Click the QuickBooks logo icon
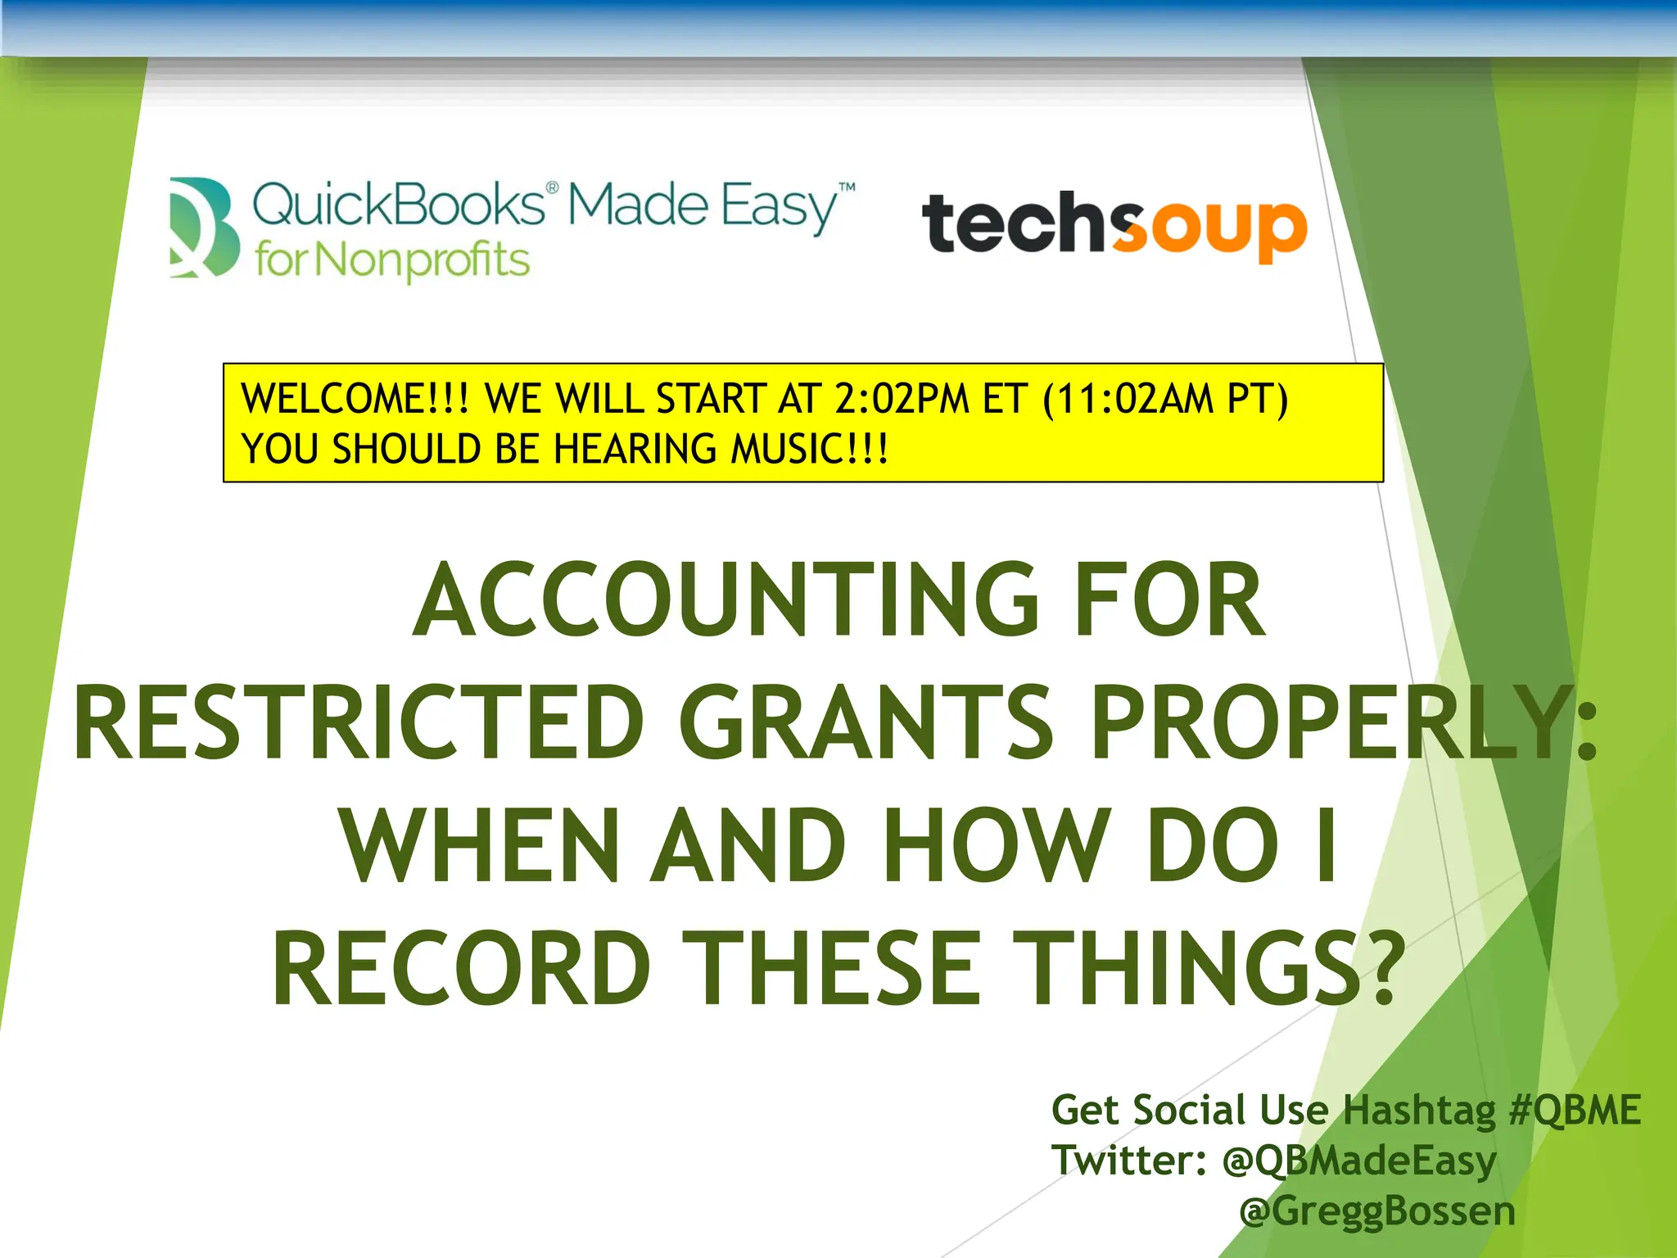(x=204, y=227)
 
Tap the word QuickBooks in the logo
(x=399, y=205)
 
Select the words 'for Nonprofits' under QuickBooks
(x=392, y=261)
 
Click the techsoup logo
(x=1114, y=224)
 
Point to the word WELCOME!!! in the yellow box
(x=355, y=399)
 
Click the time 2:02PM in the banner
(x=902, y=399)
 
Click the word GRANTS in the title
(x=866, y=723)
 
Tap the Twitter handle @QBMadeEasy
(x=1359, y=1161)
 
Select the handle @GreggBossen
(x=1377, y=1211)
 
